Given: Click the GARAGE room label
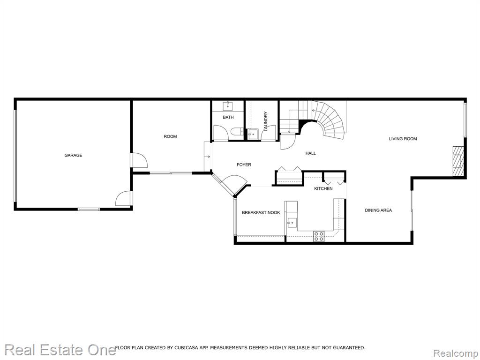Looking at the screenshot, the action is tap(73, 155).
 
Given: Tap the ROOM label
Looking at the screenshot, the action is tap(170, 136).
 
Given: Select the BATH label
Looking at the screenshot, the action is tap(228, 117).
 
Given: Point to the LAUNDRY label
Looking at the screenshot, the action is tap(265, 121).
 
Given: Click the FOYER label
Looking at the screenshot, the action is tap(244, 165).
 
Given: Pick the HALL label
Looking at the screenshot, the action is tap(310, 153).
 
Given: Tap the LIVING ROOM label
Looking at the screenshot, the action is tap(403, 139).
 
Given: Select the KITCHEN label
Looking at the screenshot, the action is tap(323, 188).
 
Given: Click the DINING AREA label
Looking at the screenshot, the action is tap(378, 210).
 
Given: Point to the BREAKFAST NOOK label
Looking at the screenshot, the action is tap(261, 212).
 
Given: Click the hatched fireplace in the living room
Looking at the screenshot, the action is tap(458, 161).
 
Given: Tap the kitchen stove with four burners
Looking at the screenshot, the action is tap(319, 236).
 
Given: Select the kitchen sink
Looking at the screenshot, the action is tap(292, 223).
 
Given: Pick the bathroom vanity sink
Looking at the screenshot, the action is tap(228, 106).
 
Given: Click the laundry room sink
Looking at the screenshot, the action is tap(253, 134).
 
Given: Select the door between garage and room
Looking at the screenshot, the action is tap(139, 160).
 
